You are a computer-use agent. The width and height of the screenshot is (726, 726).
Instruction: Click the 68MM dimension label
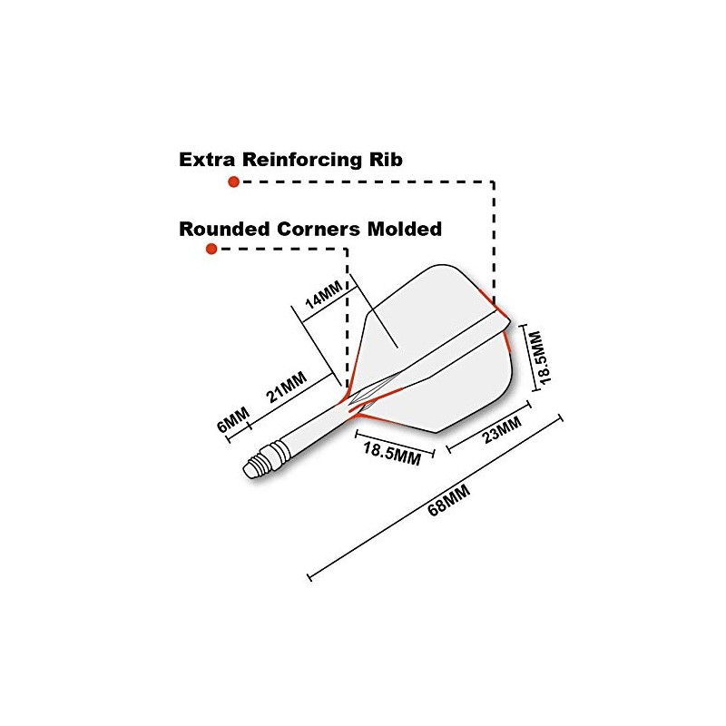pyautogui.click(x=448, y=500)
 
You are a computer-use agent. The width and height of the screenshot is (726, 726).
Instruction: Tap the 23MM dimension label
pyautogui.click(x=502, y=429)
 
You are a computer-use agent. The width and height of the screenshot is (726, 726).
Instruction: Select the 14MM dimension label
pyautogui.click(x=324, y=294)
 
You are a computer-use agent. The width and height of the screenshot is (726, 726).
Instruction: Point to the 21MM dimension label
pyautogui.click(x=287, y=388)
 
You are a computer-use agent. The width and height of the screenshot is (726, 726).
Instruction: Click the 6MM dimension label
pyautogui.click(x=233, y=419)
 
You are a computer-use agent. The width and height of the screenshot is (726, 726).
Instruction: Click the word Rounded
pyautogui.click(x=224, y=230)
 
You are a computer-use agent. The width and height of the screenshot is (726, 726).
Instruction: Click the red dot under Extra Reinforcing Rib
pyautogui.click(x=234, y=181)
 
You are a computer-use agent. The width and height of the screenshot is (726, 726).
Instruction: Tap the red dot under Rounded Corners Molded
pyautogui.click(x=211, y=249)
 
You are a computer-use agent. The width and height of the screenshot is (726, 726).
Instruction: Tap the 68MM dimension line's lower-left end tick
pyautogui.click(x=309, y=577)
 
